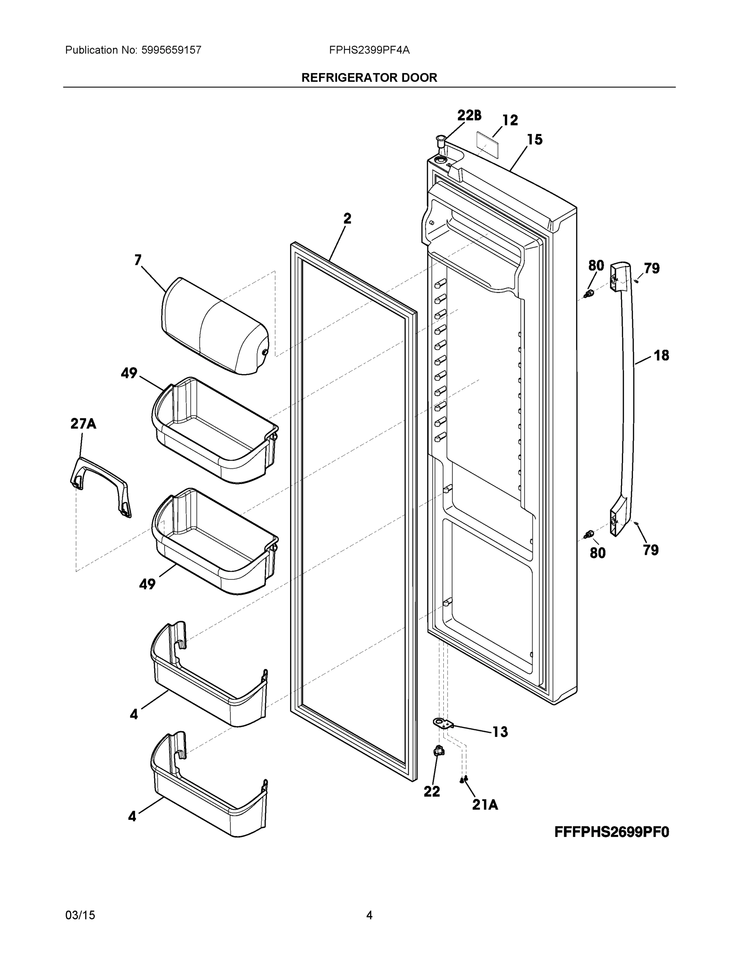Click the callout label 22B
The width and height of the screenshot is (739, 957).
tap(469, 115)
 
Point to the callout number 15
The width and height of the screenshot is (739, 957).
tap(535, 140)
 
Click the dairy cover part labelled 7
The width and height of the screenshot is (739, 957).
tap(214, 327)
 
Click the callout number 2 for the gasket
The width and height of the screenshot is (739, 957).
tap(347, 218)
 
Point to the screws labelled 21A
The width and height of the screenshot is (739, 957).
tap(464, 779)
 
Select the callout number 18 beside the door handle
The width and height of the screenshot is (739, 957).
tap(661, 355)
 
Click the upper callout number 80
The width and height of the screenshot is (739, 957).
tap(596, 266)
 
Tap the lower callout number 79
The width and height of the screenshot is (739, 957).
tap(651, 549)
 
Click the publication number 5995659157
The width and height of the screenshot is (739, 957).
tap(171, 50)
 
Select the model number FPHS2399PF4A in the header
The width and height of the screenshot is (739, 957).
tap(369, 50)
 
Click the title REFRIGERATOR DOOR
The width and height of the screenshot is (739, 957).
tap(369, 78)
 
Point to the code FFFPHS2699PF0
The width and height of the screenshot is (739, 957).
tap(612, 832)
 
